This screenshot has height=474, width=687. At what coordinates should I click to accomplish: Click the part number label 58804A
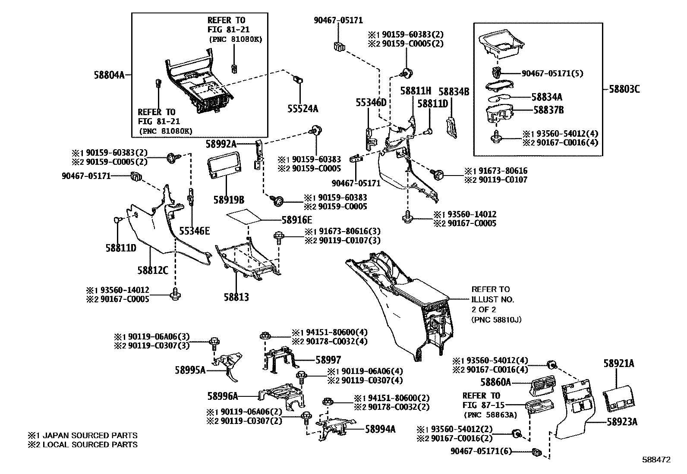(109, 75)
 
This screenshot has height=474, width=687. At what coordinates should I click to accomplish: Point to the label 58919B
(229, 200)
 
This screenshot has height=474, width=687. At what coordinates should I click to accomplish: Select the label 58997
(328, 360)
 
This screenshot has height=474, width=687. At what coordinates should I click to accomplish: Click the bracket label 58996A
(223, 396)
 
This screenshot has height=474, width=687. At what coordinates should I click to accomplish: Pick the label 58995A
(190, 370)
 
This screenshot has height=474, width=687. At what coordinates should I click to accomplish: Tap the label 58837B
(548, 110)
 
